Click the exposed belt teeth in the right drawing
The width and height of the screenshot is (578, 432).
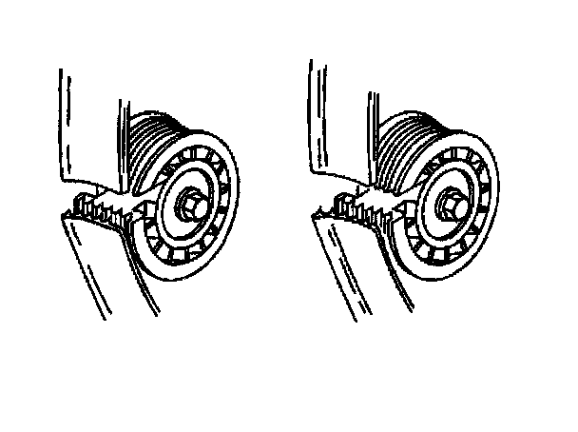point(366,204)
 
